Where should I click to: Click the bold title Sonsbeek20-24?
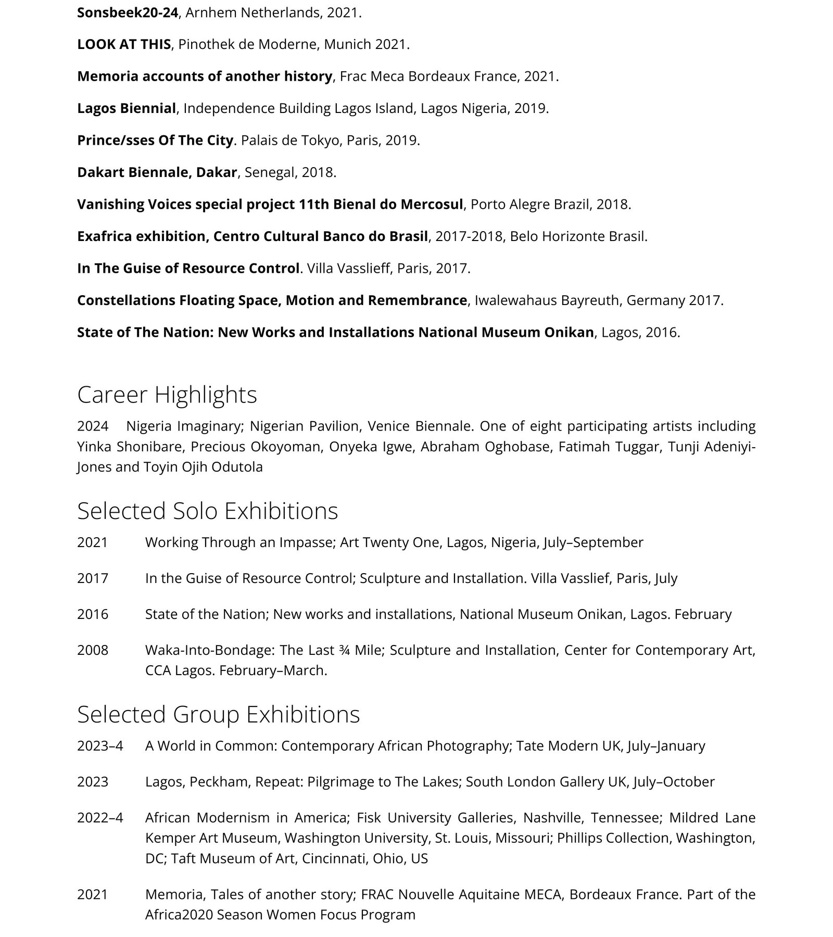[x=128, y=12]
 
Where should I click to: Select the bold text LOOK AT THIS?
[x=124, y=44]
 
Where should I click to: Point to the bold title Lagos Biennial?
[x=127, y=108]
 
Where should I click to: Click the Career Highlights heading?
[x=167, y=395]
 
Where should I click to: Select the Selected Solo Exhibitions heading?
[x=207, y=511]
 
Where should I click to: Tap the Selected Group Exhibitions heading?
[x=218, y=714]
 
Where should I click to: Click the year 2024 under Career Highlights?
[x=93, y=426]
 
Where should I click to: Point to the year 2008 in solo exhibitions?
[x=93, y=650]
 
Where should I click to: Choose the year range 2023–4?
[x=100, y=746]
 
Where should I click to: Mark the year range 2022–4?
[x=100, y=818]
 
